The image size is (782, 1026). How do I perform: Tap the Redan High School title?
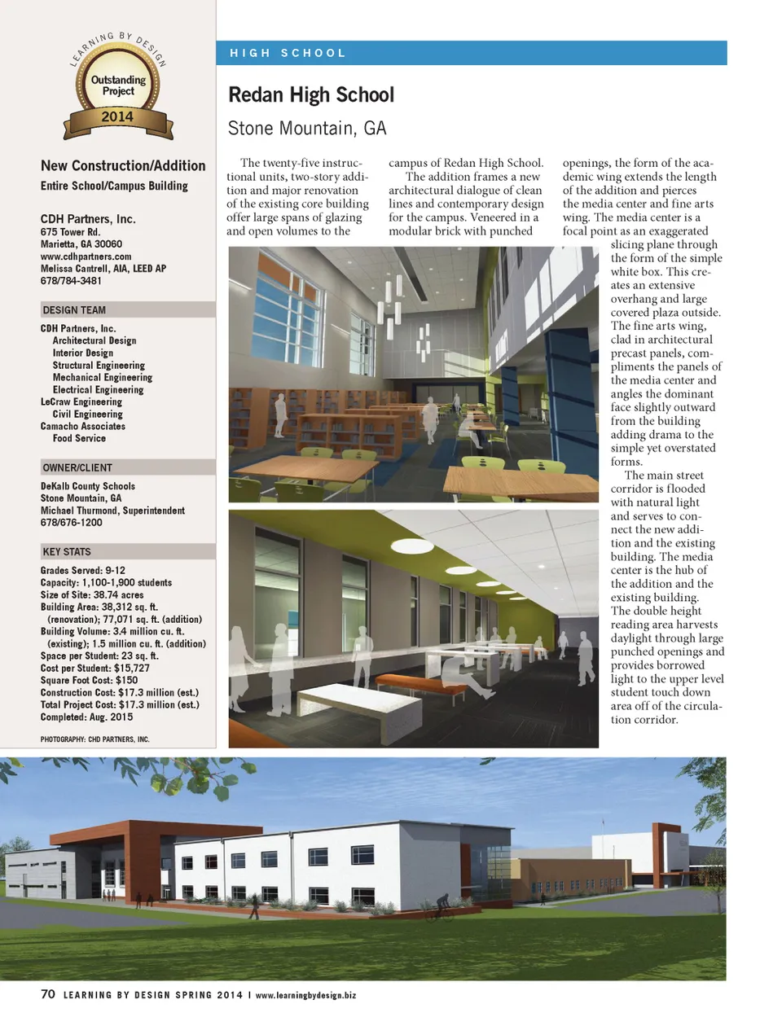point(311,95)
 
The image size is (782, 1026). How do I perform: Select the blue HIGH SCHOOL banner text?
point(288,53)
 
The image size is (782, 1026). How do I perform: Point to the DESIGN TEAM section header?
point(74,310)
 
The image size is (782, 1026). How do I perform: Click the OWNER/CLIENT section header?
point(77,467)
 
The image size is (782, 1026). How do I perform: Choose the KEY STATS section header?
point(67,551)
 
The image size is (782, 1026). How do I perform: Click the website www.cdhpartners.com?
point(86,256)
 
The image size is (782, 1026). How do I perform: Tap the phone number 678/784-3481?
point(71,281)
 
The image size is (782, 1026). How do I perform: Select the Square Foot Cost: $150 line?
point(89,681)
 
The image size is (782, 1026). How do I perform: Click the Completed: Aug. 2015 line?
point(86,717)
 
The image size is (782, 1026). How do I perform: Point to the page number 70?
point(48,994)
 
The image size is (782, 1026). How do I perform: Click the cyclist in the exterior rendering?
point(441,906)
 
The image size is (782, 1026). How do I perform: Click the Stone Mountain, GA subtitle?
point(307,129)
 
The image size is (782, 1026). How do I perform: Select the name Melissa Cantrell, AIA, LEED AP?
point(103,269)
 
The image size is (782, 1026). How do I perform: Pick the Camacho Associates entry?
point(83,427)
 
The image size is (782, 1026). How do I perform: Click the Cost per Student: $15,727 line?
point(95,669)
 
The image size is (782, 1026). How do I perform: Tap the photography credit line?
point(94,739)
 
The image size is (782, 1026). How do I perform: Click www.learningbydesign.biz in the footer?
point(305,995)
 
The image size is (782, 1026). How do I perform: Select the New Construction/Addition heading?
point(123,166)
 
